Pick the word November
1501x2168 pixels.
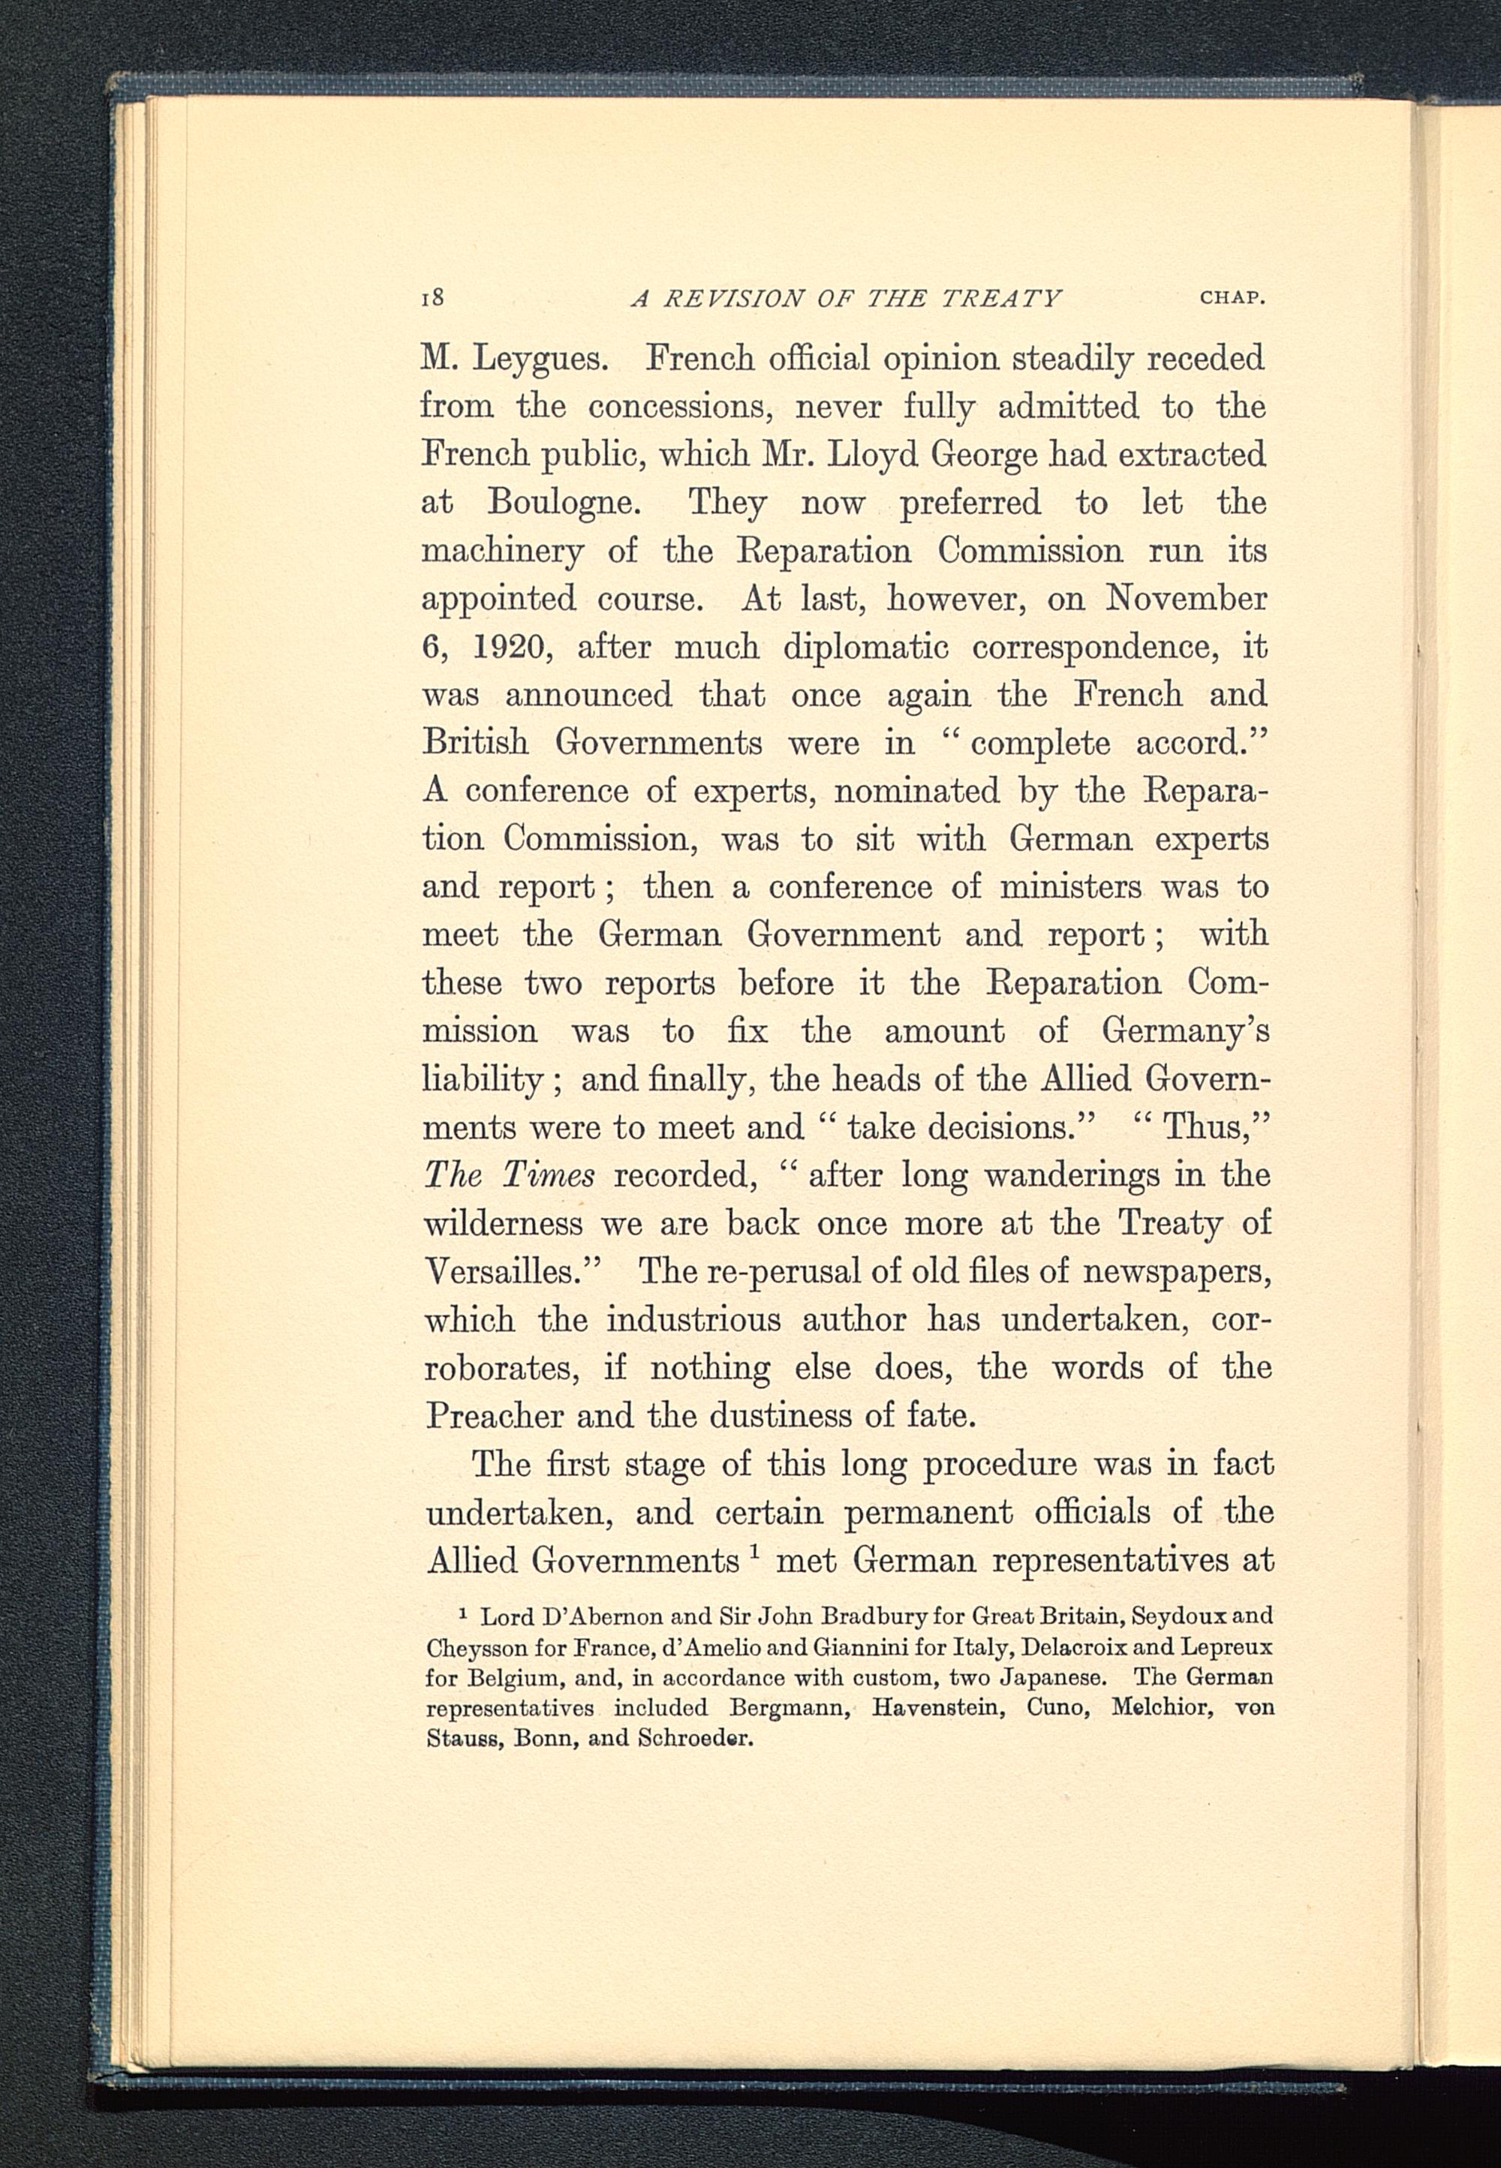click(x=1187, y=599)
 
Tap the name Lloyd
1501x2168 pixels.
click(x=871, y=455)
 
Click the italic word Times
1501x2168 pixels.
click(x=549, y=1175)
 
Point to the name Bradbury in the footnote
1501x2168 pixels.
click(x=877, y=1618)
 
